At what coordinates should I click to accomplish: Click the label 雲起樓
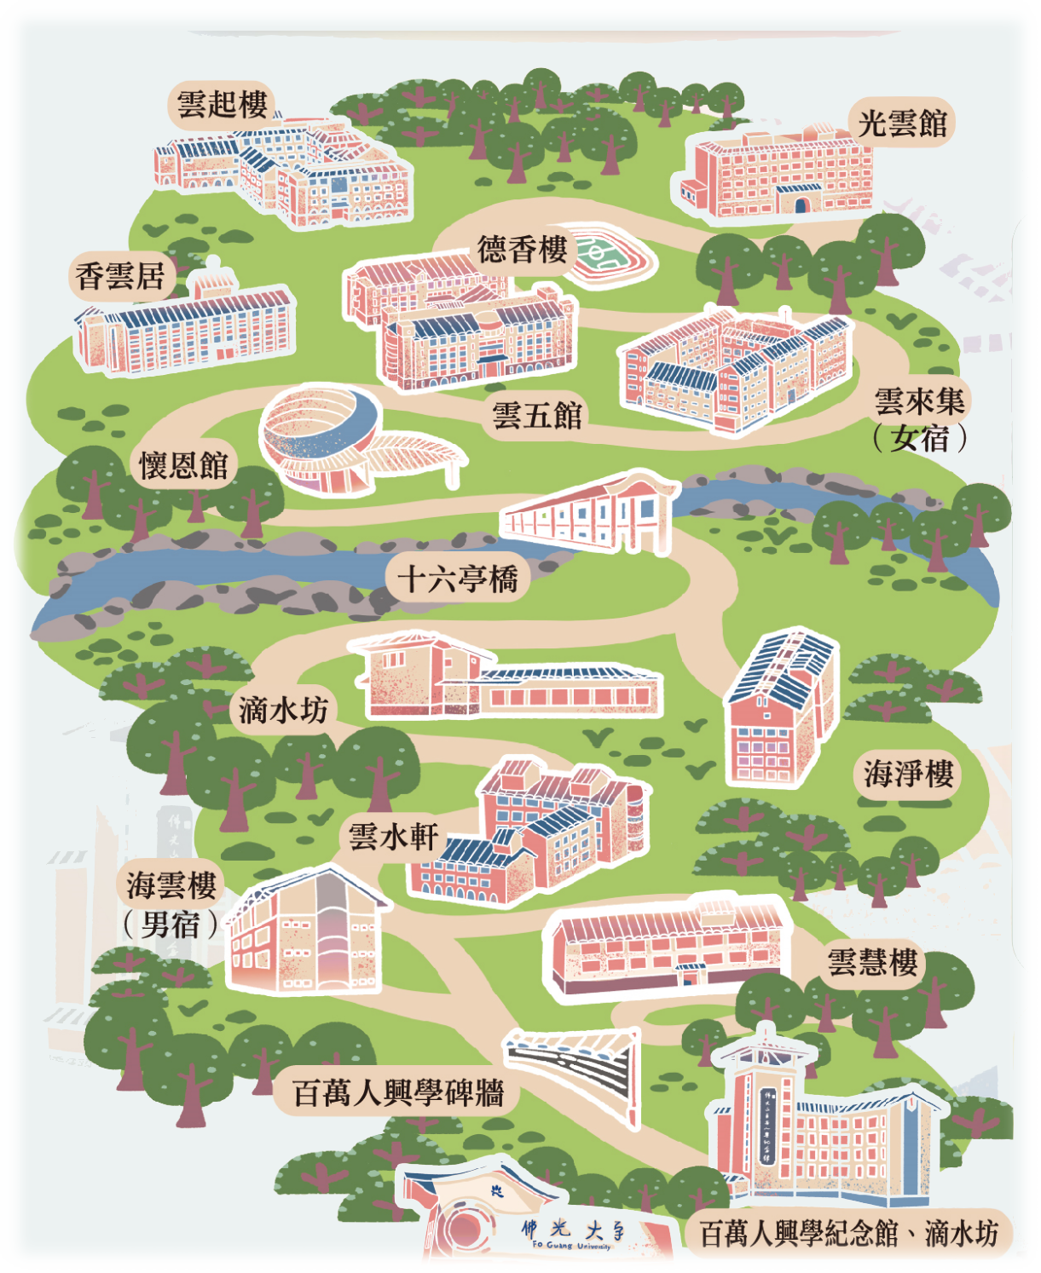(222, 105)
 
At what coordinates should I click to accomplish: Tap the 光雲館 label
(902, 124)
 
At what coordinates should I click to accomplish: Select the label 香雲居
(120, 276)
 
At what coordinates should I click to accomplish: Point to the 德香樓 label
(522, 250)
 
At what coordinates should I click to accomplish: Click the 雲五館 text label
(537, 416)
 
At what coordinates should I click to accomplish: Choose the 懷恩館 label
(183, 465)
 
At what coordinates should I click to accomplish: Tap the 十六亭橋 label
(458, 579)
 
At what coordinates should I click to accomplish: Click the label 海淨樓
(908, 774)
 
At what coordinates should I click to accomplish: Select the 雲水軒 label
(393, 837)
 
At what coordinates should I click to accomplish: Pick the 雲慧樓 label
(873, 962)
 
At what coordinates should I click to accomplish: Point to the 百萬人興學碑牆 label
(398, 1093)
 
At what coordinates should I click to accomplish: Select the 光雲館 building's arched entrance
(801, 204)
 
